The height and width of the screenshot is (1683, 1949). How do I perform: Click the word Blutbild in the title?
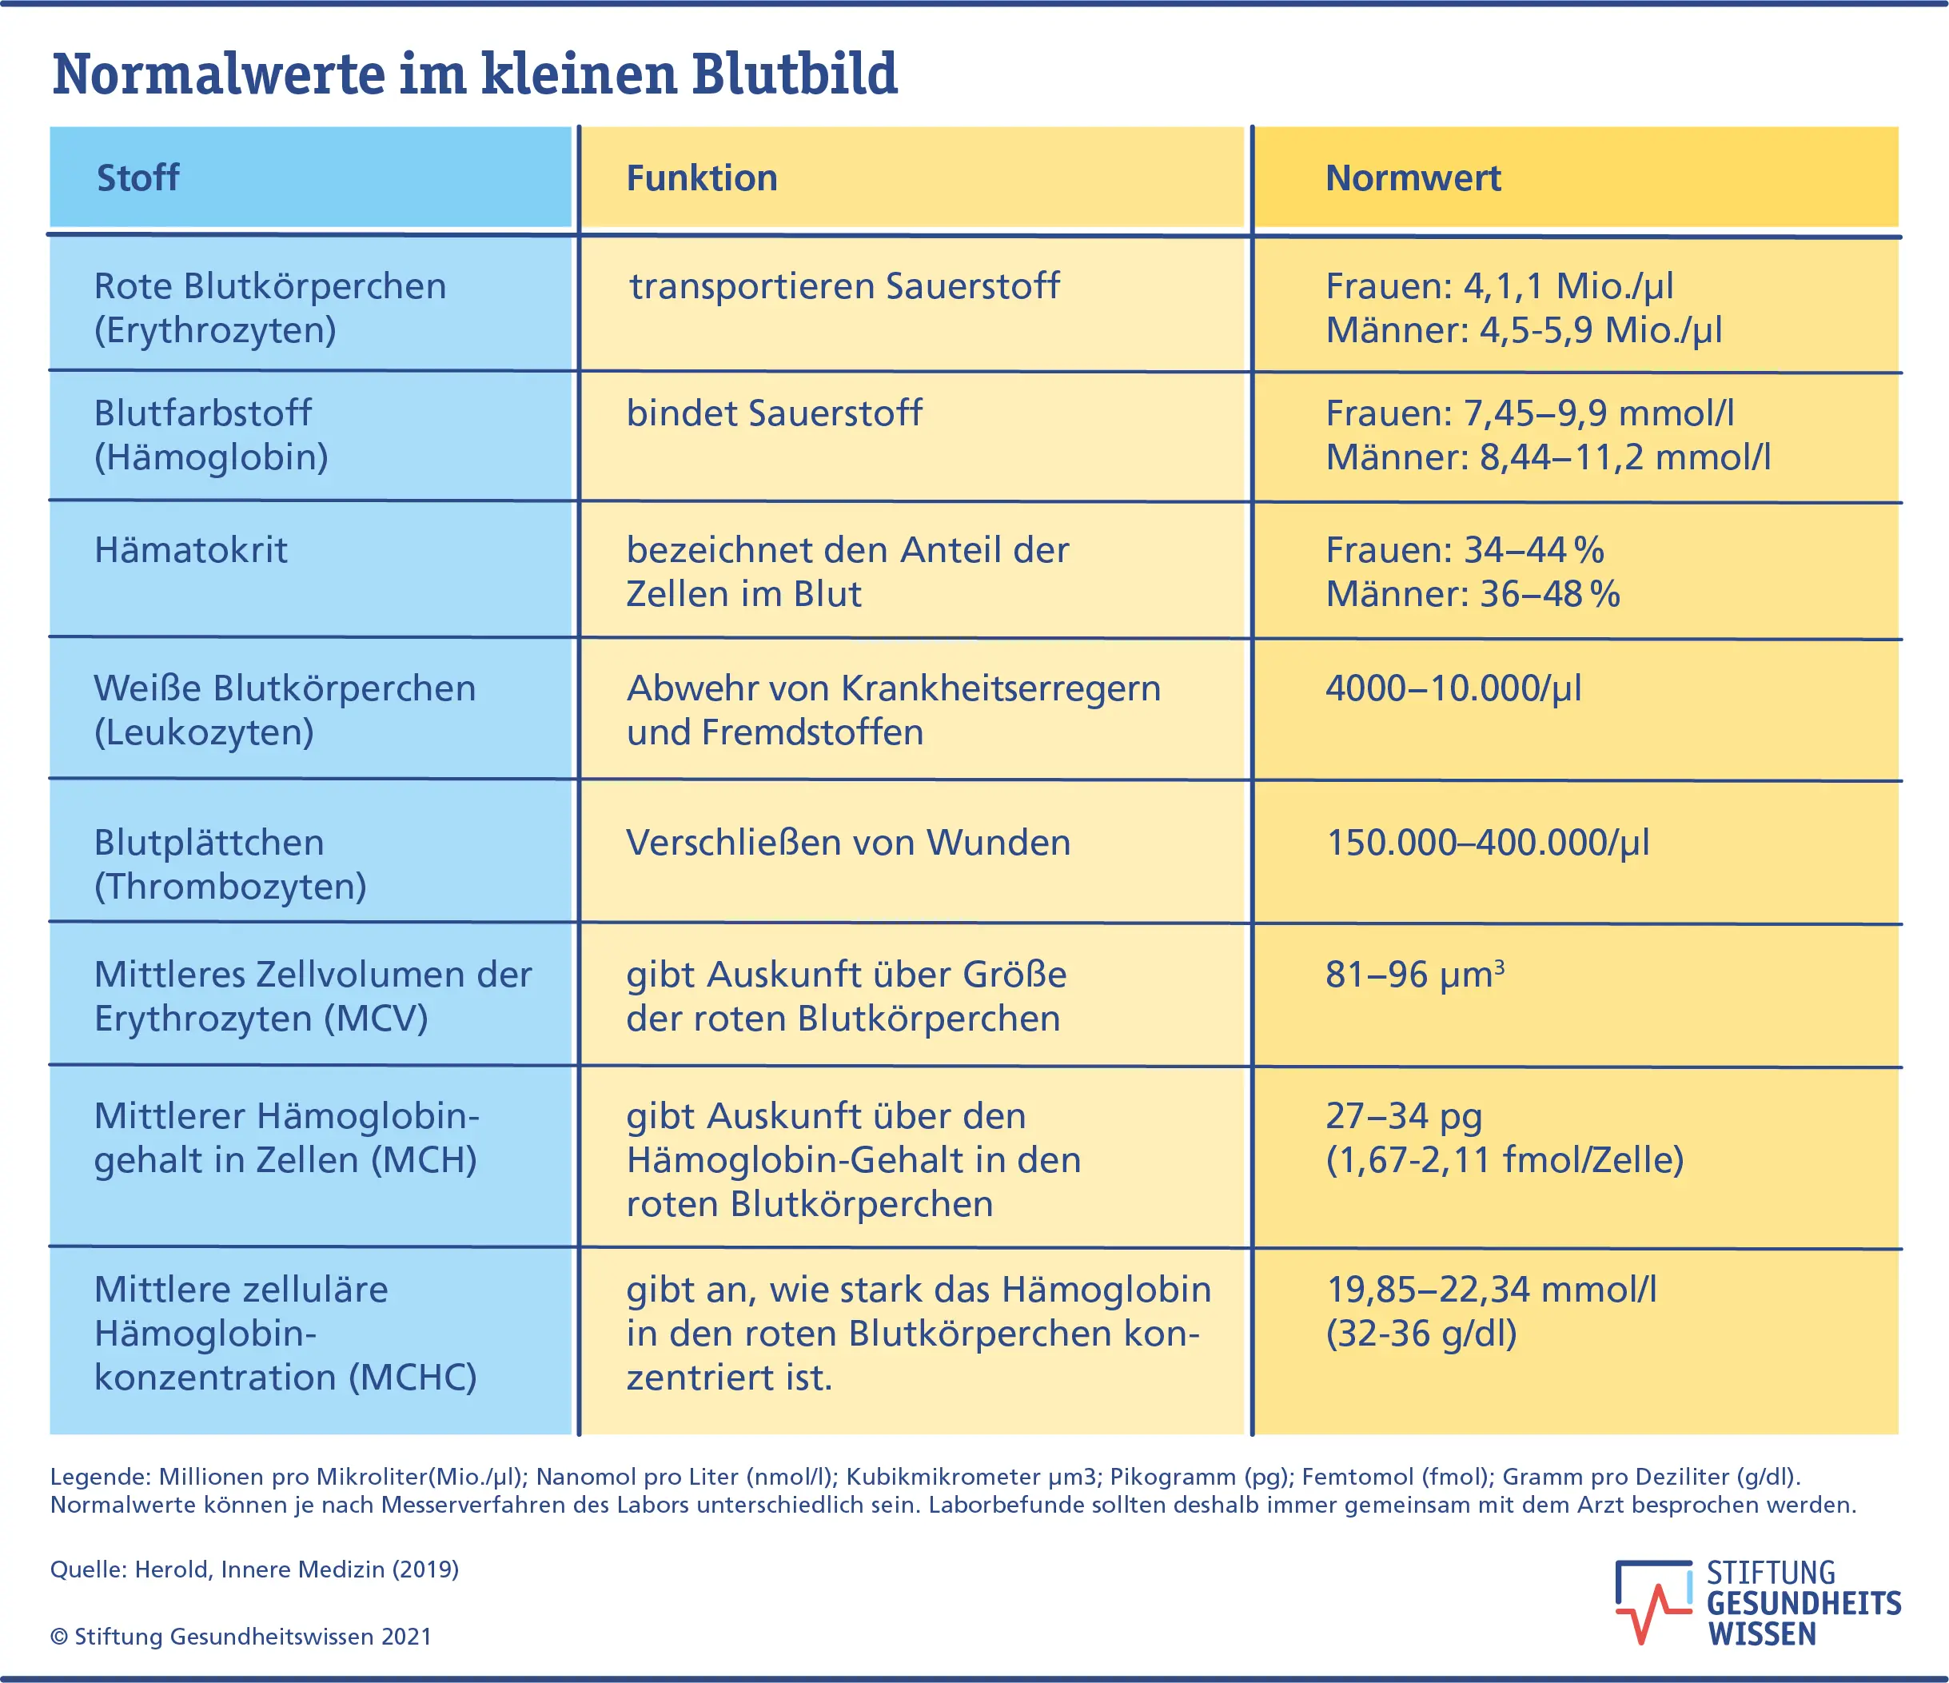click(794, 74)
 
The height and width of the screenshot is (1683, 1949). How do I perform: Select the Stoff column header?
click(138, 177)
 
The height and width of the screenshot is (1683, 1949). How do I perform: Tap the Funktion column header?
click(702, 177)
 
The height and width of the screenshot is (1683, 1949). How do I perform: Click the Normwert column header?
click(1412, 177)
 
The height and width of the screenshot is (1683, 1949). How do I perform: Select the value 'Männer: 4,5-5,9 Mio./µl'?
click(1523, 330)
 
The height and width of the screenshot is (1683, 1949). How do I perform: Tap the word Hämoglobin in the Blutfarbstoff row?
click(212, 458)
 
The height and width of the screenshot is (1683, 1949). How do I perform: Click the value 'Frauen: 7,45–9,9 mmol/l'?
click(1529, 413)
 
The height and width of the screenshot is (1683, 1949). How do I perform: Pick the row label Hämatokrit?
click(191, 550)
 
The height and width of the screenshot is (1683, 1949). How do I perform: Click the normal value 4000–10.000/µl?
click(1453, 688)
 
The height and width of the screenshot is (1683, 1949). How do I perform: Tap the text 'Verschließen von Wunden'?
click(847, 843)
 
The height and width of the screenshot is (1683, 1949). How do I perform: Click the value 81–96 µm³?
click(1413, 975)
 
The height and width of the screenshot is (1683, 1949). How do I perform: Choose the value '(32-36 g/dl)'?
click(1421, 1334)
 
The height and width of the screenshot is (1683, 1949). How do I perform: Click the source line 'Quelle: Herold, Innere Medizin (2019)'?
click(254, 1569)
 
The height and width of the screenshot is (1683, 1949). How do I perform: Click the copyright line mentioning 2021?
click(241, 1637)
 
